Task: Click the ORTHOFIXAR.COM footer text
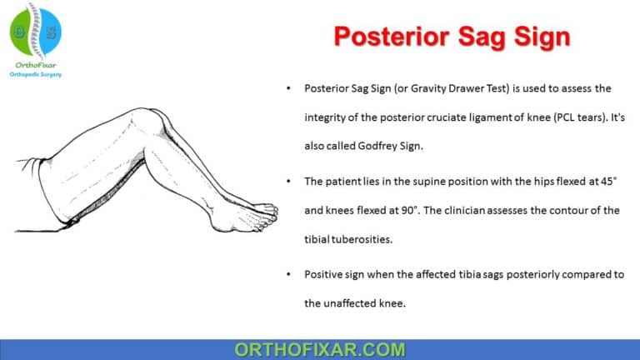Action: click(x=320, y=348)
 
